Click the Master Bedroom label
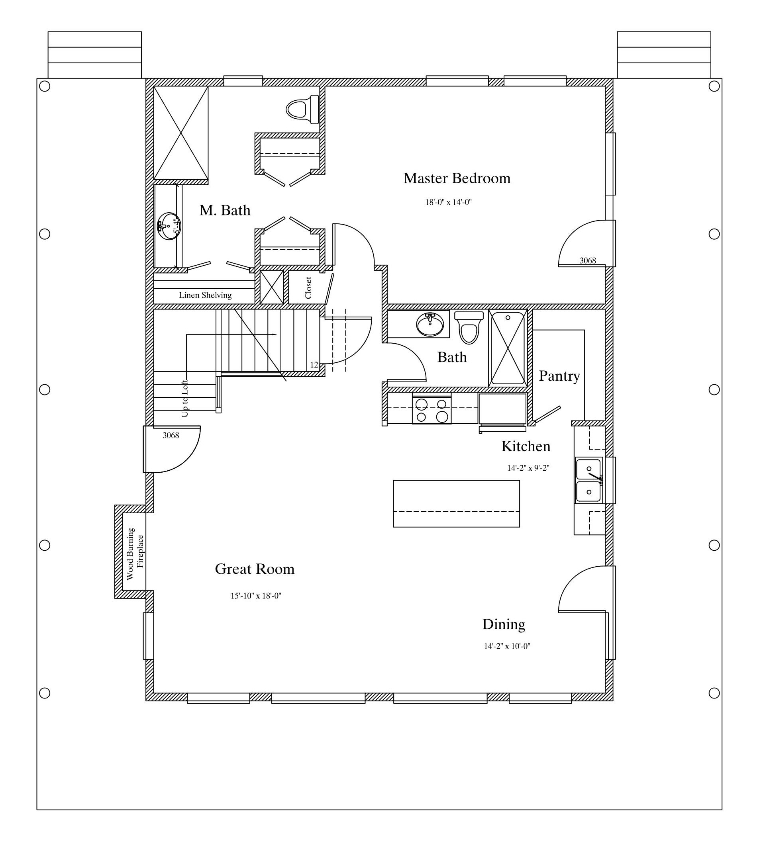pos(457,178)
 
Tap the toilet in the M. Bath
pos(302,110)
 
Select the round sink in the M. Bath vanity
pos(169,226)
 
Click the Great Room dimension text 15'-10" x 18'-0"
pos(256,596)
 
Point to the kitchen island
pos(456,503)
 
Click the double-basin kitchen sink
pos(589,480)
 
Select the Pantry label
pos(559,376)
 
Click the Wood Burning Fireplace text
pos(135,553)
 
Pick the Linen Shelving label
pos(205,295)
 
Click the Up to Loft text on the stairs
pos(184,398)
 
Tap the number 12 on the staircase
pos(314,365)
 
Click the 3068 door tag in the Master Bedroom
pos(588,260)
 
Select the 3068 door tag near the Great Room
pos(171,435)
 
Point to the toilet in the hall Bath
pos(469,327)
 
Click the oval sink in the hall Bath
pos(430,325)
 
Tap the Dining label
pos(503,624)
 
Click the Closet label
pos(308,288)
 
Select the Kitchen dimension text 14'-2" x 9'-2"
pos(528,468)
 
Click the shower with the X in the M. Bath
pos(181,133)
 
